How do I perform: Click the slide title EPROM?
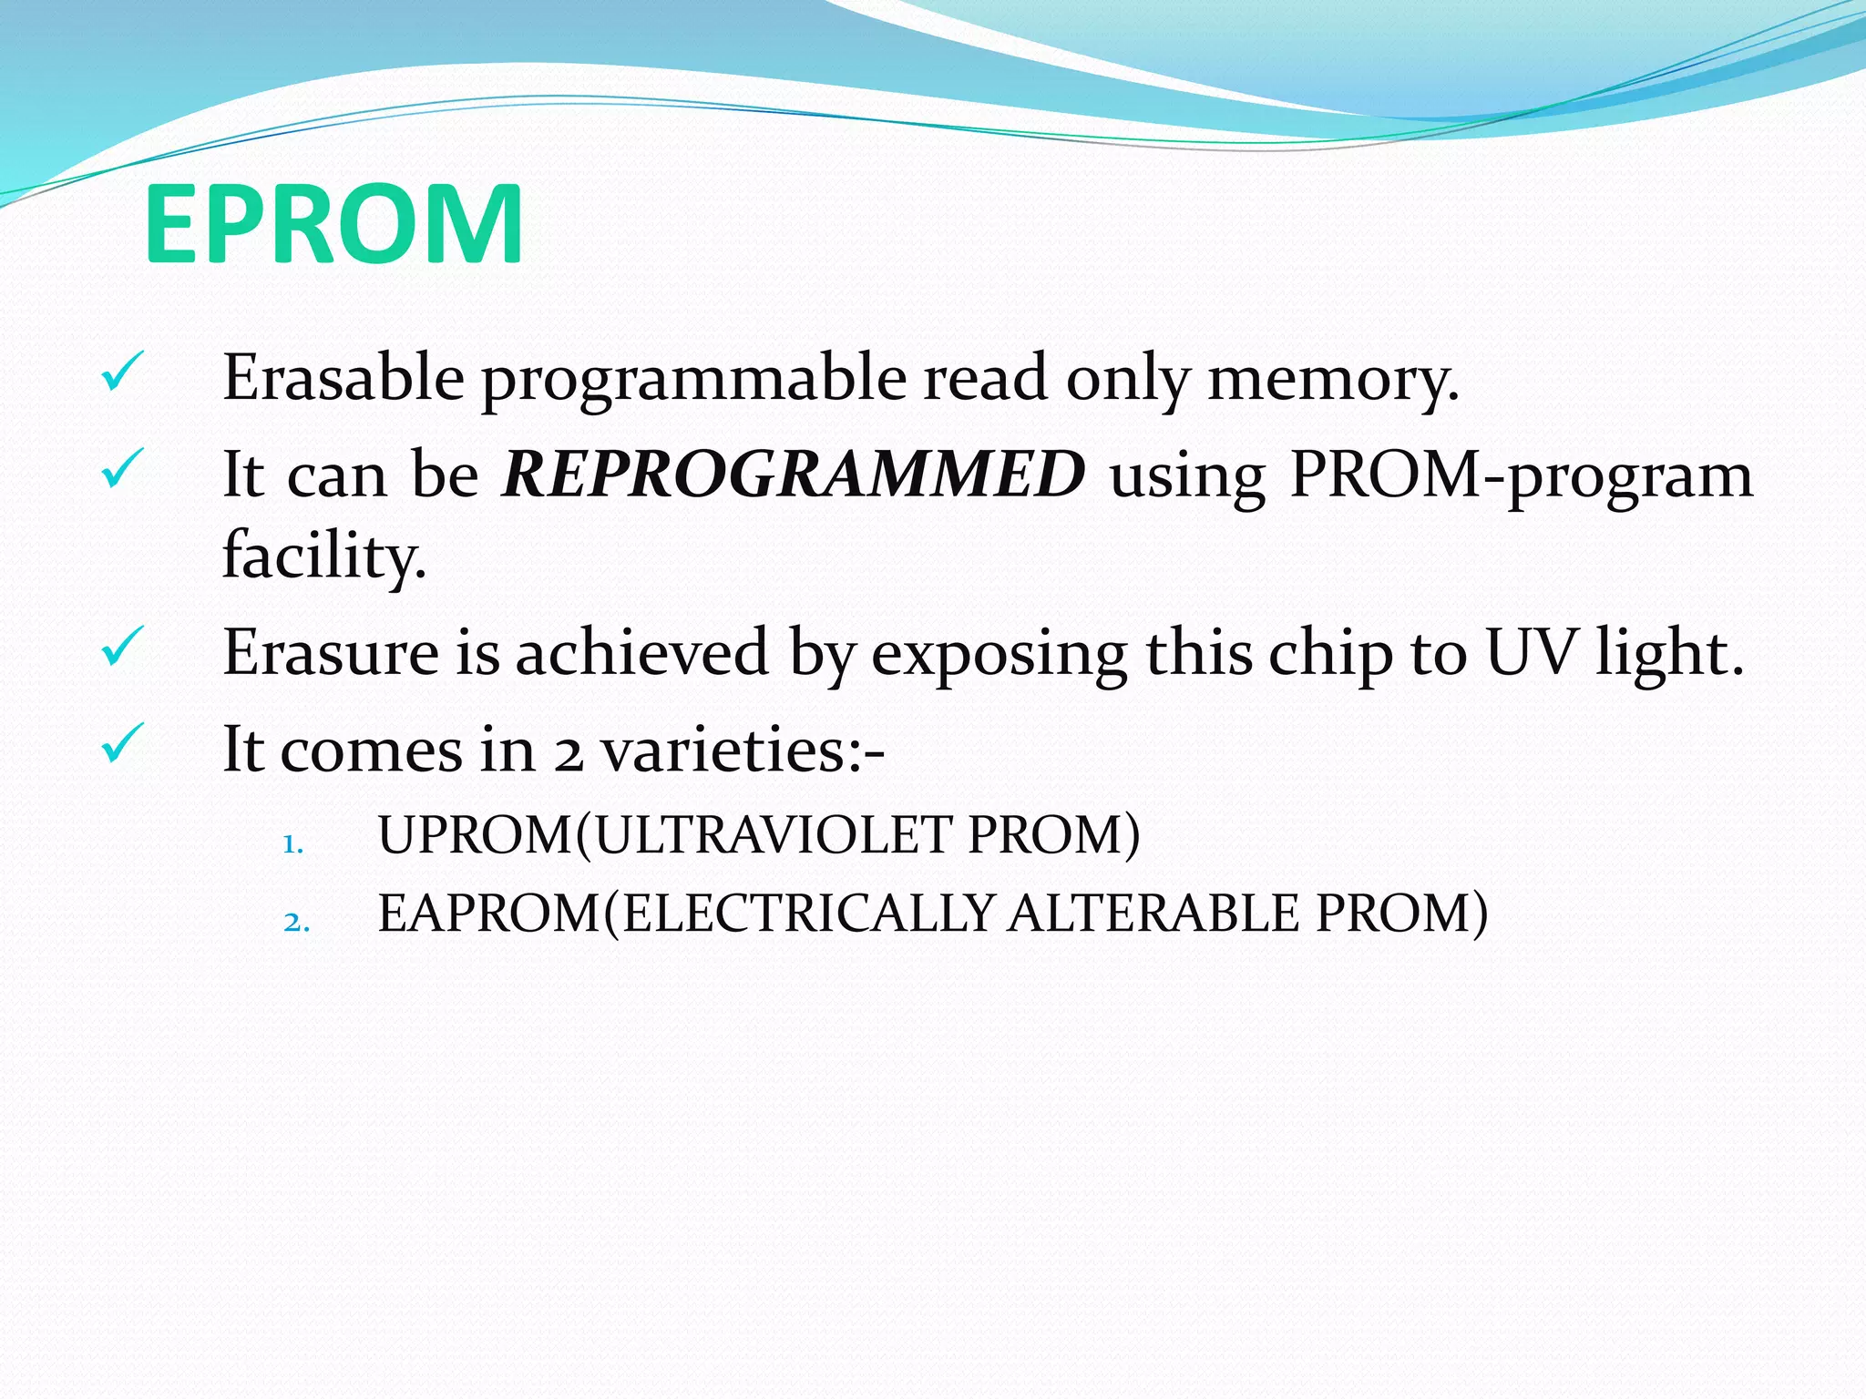[333, 224]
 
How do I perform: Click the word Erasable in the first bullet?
[343, 377]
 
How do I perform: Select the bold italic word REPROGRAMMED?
[793, 475]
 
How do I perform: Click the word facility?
[324, 556]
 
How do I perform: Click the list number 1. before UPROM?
[292, 844]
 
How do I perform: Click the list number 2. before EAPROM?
[297, 922]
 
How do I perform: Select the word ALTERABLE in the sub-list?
[1153, 913]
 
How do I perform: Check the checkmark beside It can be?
[121, 468]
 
